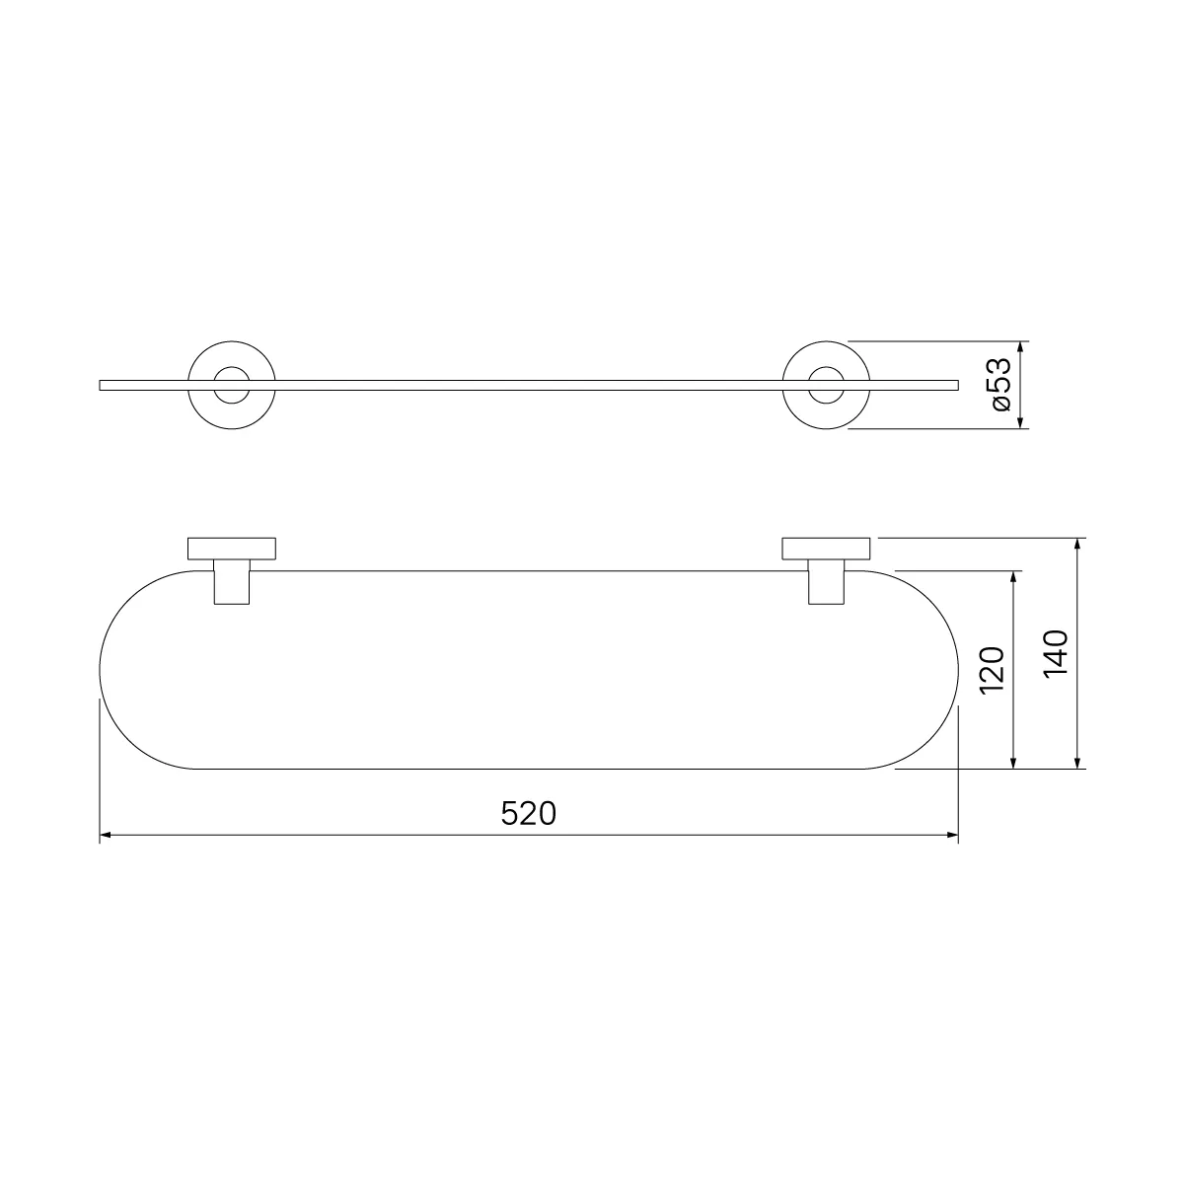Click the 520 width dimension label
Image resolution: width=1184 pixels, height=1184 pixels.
(529, 813)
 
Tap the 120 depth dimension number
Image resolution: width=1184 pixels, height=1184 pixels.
(991, 670)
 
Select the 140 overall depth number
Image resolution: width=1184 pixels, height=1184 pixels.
(1056, 653)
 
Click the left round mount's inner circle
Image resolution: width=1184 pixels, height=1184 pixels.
(232, 367)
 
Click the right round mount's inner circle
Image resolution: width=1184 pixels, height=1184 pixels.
(826, 367)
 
